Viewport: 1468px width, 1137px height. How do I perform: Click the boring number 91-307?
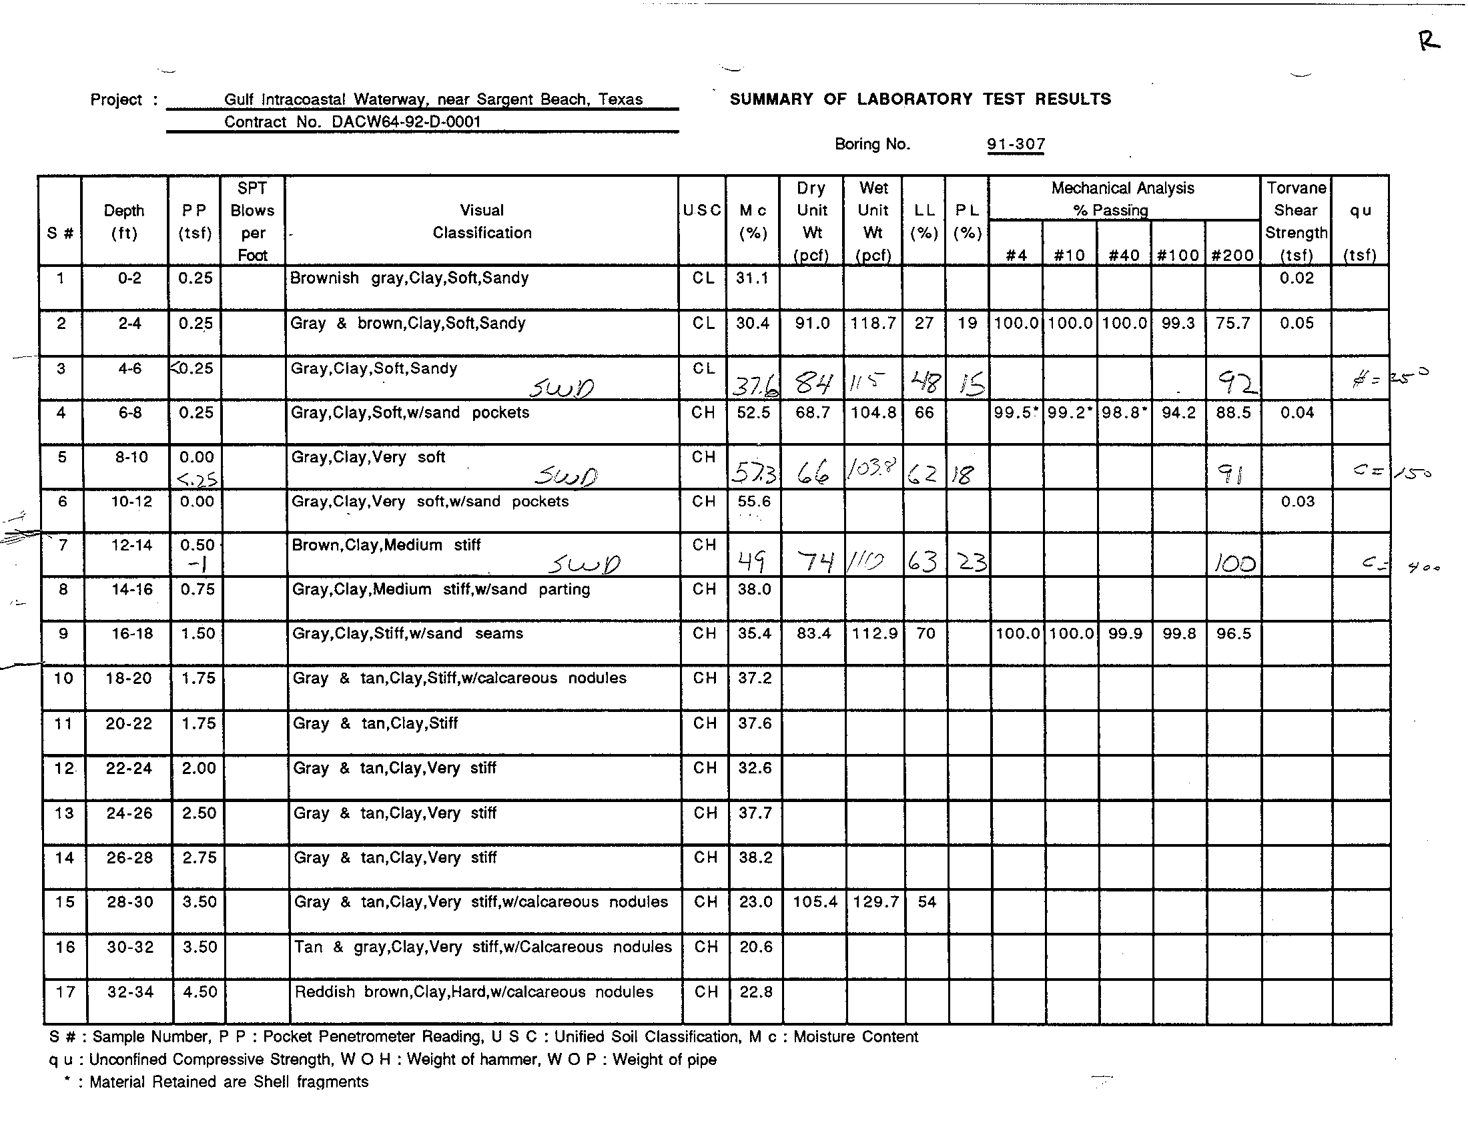1016,145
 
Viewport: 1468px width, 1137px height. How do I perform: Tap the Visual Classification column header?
481,221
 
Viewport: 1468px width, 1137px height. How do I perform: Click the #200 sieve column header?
1232,256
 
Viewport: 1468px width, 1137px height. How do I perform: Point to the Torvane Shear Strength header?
1295,221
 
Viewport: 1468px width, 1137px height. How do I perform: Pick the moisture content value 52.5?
753,412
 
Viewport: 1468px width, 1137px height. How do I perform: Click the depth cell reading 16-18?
131,634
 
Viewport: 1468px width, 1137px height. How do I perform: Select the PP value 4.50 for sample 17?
200,992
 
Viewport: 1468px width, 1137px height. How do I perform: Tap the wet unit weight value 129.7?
875,902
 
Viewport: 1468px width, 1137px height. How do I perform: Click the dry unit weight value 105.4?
815,902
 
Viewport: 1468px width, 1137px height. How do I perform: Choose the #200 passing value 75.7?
1232,323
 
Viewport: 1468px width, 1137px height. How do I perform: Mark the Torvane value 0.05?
1296,323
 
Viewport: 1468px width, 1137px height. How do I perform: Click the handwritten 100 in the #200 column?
1234,562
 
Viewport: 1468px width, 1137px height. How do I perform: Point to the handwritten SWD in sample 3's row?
561,388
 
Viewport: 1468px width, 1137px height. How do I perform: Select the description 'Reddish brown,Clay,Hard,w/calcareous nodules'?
473,992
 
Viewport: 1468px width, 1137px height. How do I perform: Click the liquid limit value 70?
926,634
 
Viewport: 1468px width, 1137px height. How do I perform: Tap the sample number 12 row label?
64,768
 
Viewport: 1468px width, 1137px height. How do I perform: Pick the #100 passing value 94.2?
1178,412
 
